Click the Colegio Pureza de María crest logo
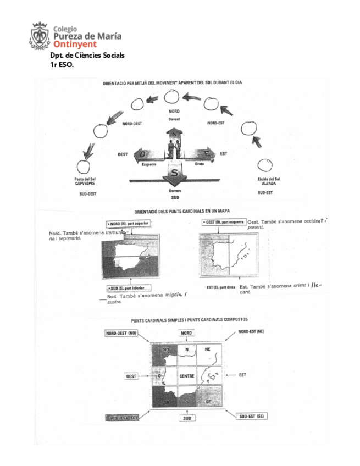[40, 35]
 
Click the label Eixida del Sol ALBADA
[269, 181]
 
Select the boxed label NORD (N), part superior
[128, 224]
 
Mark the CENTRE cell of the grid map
[187, 376]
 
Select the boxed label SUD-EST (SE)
[252, 416]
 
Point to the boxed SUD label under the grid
[186, 418]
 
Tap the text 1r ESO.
[62, 64]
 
